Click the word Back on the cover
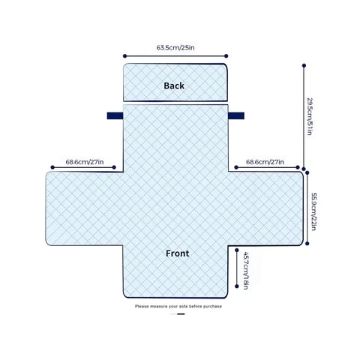click(174, 85)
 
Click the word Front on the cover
click(177, 253)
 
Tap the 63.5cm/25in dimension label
click(175, 47)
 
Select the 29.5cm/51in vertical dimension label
click(310, 116)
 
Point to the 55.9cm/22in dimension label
click(314, 211)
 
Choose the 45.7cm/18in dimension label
click(245, 271)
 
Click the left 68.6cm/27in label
click(85, 162)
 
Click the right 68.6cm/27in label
click(265, 162)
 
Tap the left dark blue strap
click(115, 115)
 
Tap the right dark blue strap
click(236, 115)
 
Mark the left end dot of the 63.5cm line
click(124, 56)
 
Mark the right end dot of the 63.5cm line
click(226, 56)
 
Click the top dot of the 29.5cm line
click(304, 65)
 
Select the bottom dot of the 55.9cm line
click(307, 244)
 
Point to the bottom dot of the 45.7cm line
click(237, 286)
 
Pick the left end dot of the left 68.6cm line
click(52, 167)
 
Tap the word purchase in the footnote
click(212, 307)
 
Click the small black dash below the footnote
click(181, 314)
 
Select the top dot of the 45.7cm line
click(237, 250)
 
